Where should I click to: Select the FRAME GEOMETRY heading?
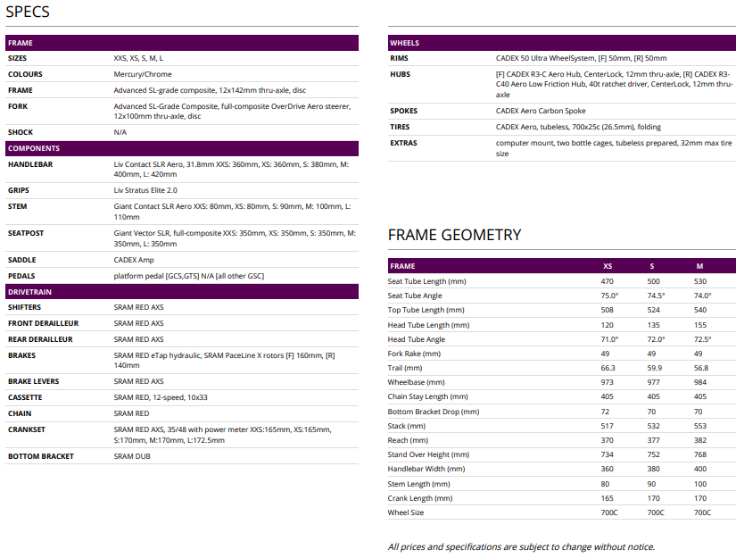[x=454, y=235]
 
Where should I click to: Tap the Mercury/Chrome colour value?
[x=143, y=74]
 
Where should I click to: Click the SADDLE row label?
[x=22, y=260]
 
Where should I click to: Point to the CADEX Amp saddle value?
[x=134, y=260]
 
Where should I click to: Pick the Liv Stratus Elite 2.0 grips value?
[x=145, y=190]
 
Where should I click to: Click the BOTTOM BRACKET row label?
[x=41, y=456]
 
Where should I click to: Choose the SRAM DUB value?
[x=132, y=456]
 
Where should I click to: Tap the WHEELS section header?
[x=405, y=43]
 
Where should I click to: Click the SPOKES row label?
[x=403, y=111]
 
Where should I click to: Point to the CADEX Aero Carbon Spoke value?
[x=541, y=111]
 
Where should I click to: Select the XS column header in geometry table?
[x=608, y=266]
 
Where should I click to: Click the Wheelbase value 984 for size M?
[x=700, y=382]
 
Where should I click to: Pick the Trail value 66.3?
[x=608, y=368]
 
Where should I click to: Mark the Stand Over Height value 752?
[x=655, y=454]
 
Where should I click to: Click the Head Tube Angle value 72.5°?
[x=702, y=339]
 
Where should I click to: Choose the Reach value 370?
[x=608, y=440]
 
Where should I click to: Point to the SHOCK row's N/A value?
[x=120, y=132]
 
